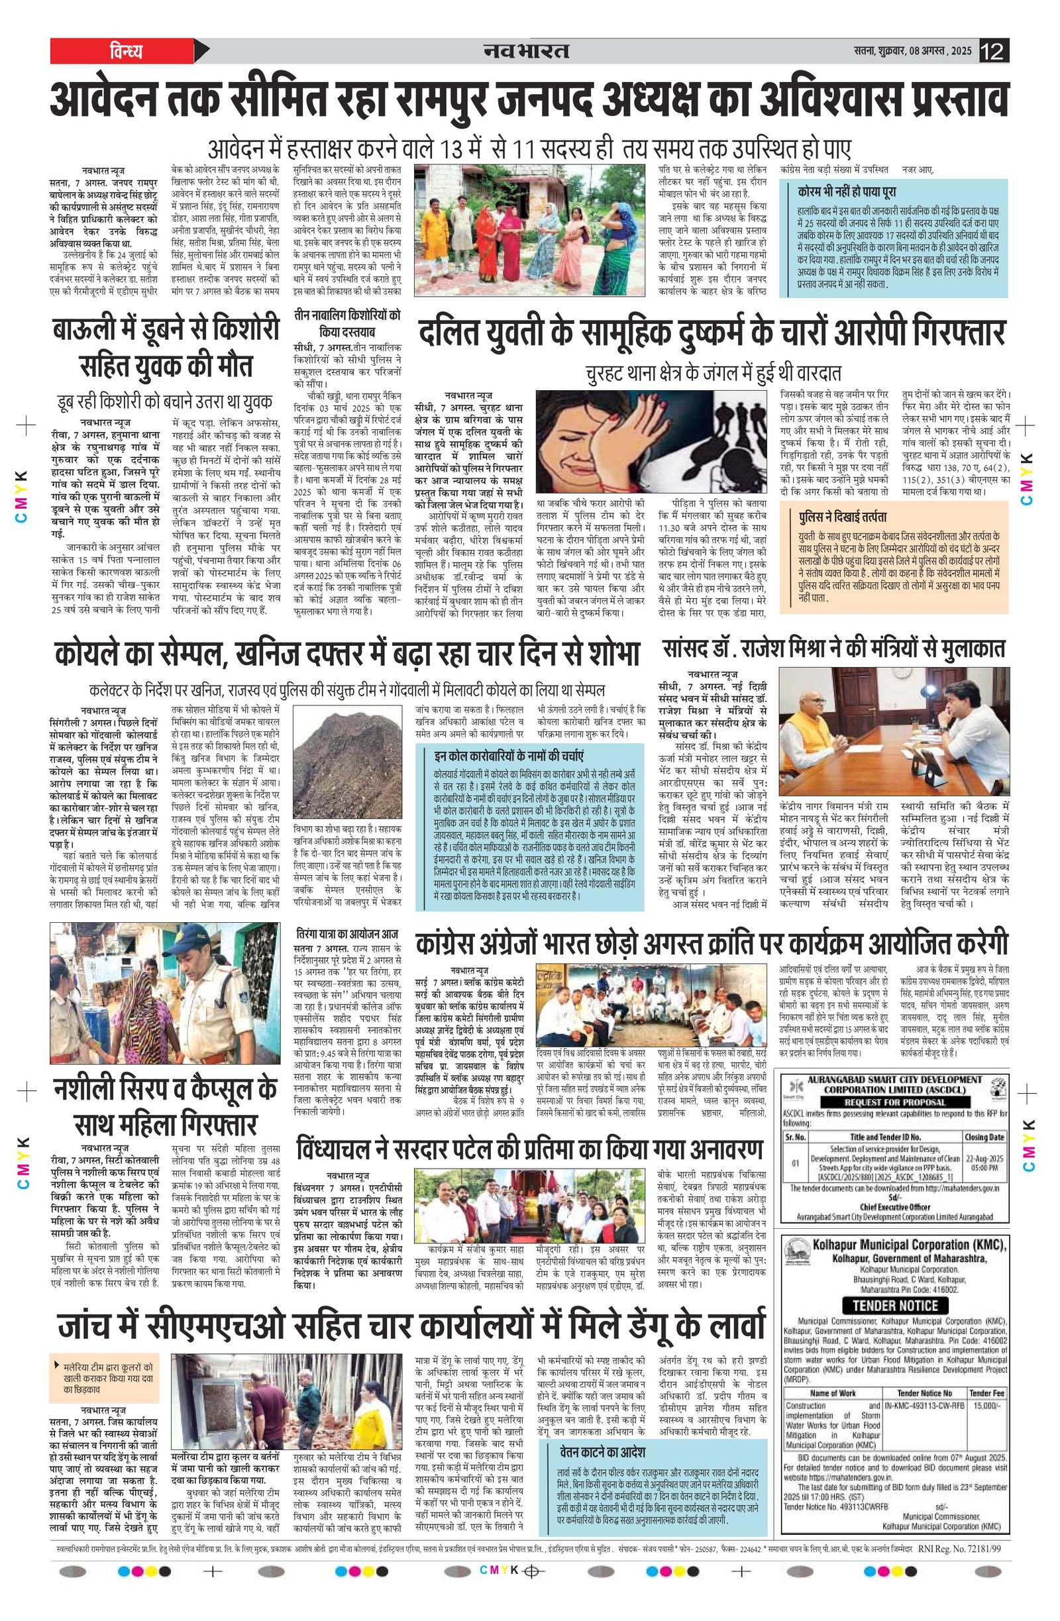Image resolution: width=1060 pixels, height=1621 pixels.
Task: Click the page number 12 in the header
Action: (994, 51)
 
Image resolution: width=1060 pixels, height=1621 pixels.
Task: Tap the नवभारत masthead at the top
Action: (526, 51)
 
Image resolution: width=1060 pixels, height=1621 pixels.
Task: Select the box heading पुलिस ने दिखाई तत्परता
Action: (841, 517)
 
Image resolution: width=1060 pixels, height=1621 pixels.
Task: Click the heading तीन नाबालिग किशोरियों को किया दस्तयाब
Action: (346, 323)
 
